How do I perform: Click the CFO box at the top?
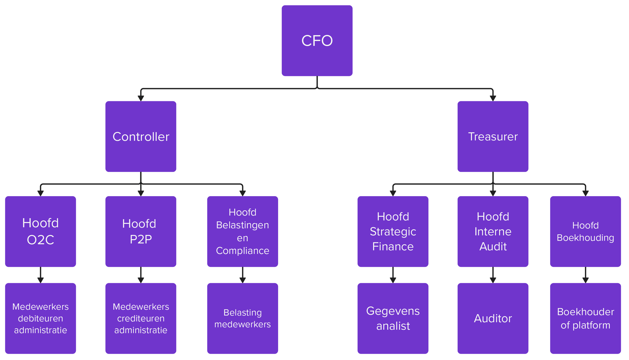pyautogui.click(x=317, y=41)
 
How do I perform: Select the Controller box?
pyautogui.click(x=141, y=137)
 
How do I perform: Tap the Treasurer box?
pyautogui.click(x=493, y=137)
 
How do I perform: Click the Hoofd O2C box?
pyautogui.click(x=40, y=231)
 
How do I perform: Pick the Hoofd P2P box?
pyautogui.click(x=141, y=231)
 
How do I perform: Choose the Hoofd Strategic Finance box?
pyautogui.click(x=393, y=231)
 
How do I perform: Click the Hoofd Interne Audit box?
pyautogui.click(x=493, y=231)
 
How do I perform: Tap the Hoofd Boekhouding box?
pyautogui.click(x=585, y=231)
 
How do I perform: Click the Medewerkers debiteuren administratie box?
pyautogui.click(x=40, y=318)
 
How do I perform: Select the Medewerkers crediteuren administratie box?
pyautogui.click(x=141, y=318)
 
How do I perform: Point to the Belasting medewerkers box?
pyautogui.click(x=242, y=318)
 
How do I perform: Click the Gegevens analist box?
pyautogui.click(x=393, y=318)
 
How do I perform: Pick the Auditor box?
pyautogui.click(x=493, y=318)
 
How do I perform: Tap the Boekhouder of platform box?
pyautogui.click(x=585, y=318)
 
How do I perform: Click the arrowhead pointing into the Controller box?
pyautogui.click(x=141, y=98)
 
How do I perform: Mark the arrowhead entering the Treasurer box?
pyautogui.click(x=493, y=98)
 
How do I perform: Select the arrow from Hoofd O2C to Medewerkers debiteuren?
pyautogui.click(x=40, y=275)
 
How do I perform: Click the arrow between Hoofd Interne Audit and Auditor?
pyautogui.click(x=493, y=275)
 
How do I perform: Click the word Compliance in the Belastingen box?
pyautogui.click(x=242, y=251)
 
